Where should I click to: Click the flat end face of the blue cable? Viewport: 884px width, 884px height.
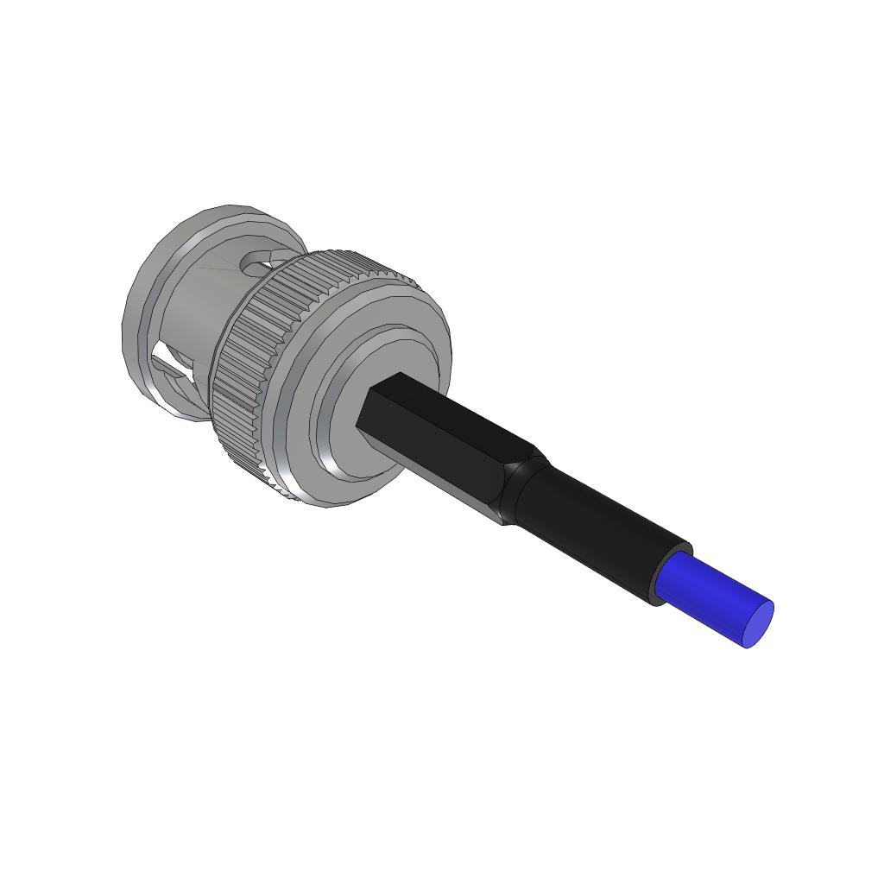click(758, 624)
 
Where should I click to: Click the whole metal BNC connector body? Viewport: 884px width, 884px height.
click(285, 354)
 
